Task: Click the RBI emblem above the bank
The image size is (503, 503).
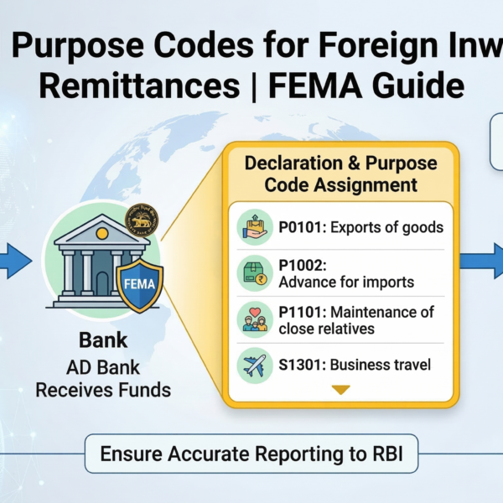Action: click(143, 220)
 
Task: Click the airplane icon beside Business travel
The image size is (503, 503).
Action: click(253, 365)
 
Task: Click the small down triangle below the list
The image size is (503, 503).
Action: click(340, 390)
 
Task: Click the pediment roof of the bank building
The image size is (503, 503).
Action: click(99, 231)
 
